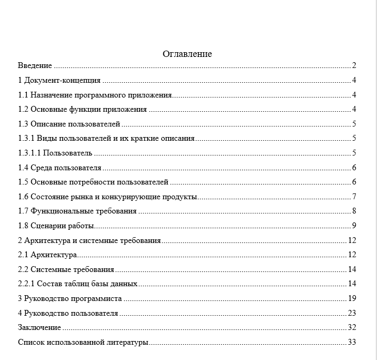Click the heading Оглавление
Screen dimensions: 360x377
(x=187, y=54)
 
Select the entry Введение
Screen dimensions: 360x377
(x=35, y=66)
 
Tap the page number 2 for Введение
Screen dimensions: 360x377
(x=355, y=66)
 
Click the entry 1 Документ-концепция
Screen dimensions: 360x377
(x=59, y=81)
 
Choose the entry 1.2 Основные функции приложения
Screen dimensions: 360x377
(x=82, y=110)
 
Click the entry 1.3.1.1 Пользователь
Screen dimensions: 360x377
(x=55, y=153)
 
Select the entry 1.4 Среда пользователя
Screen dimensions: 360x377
(x=59, y=168)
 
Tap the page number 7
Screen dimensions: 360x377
(x=355, y=197)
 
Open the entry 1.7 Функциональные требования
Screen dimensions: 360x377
(x=77, y=211)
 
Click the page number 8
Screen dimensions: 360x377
(x=355, y=211)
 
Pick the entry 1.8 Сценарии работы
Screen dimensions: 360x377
(x=56, y=226)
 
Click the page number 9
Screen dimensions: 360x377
(x=355, y=226)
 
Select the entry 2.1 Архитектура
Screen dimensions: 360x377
(x=47, y=255)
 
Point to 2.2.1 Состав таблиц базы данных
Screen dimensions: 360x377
(x=78, y=284)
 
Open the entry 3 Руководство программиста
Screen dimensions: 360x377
(x=70, y=299)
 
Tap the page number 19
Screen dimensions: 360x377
(x=353, y=299)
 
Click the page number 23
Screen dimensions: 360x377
(x=353, y=313)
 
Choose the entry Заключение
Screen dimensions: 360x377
(x=39, y=328)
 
